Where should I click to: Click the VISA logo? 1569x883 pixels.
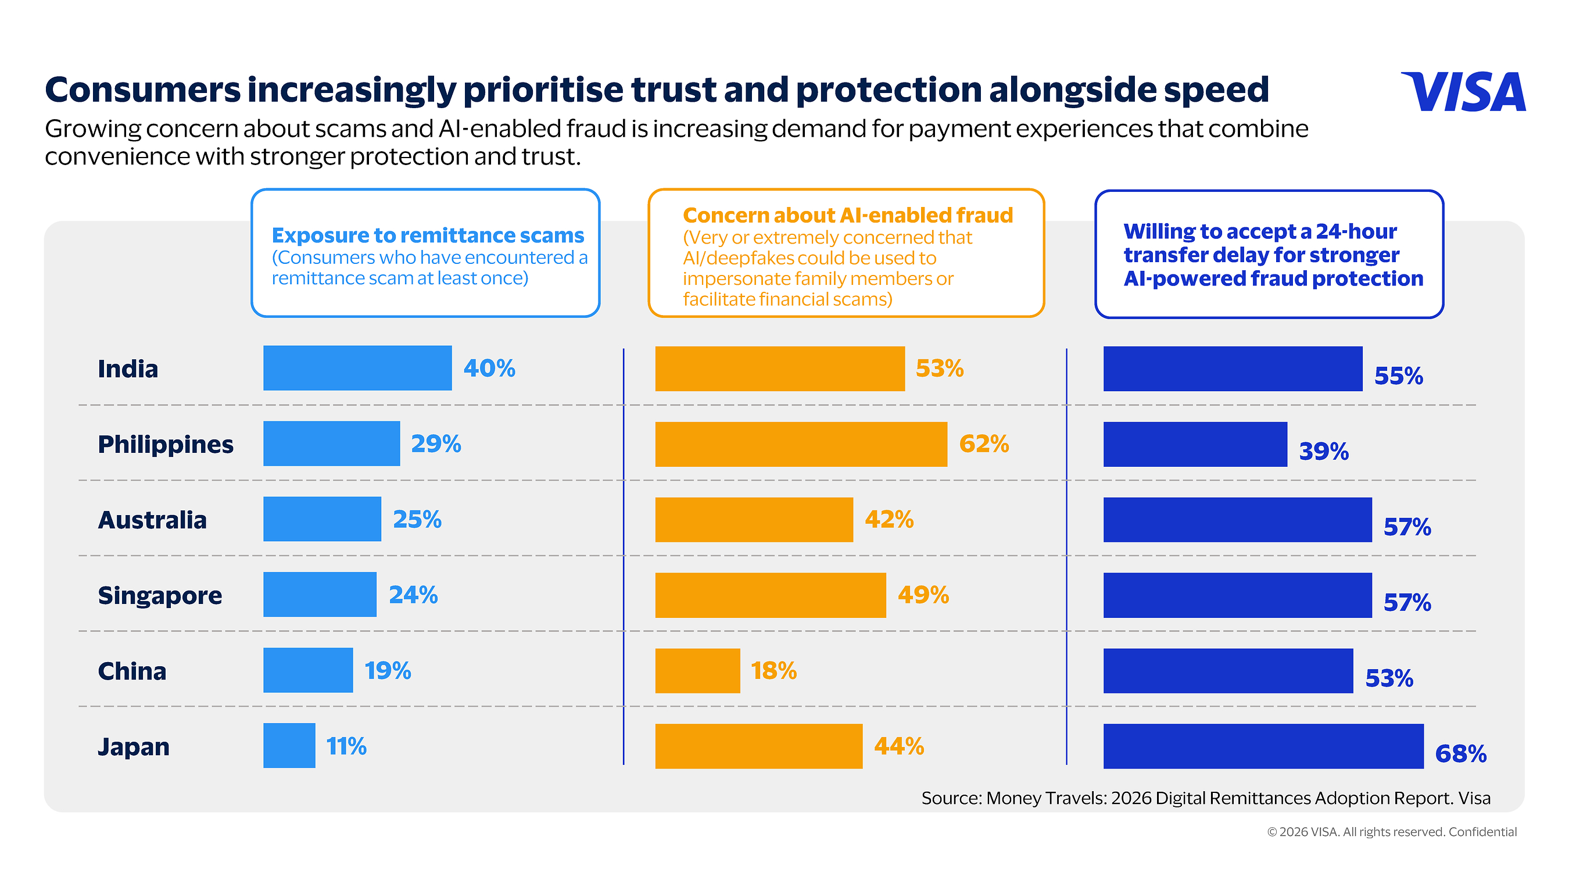pos(1463,91)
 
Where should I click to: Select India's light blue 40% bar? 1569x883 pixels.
pos(357,368)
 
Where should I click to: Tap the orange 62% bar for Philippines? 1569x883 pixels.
pos(801,444)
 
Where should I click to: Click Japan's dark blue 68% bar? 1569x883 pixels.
pos(1263,746)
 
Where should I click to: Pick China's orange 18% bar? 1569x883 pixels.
pos(697,671)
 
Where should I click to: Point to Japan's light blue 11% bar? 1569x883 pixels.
pos(289,746)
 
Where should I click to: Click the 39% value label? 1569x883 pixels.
pos(1324,452)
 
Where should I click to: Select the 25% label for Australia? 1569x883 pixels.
pos(417,519)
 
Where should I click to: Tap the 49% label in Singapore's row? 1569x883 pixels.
pos(923,595)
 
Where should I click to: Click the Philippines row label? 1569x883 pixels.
pos(166,444)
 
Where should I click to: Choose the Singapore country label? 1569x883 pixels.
pos(160,595)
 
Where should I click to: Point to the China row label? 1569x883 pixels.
pos(132,671)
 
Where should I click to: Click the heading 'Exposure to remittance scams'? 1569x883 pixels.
pos(428,235)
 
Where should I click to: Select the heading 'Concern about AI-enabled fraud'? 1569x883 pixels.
pos(848,215)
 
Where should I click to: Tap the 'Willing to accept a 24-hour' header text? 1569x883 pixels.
pos(1260,231)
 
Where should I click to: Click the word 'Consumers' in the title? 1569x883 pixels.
pos(143,90)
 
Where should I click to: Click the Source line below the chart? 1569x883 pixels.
pos(1206,798)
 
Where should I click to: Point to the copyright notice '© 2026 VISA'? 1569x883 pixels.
pos(1303,832)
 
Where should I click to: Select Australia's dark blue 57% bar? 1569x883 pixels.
pos(1238,520)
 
